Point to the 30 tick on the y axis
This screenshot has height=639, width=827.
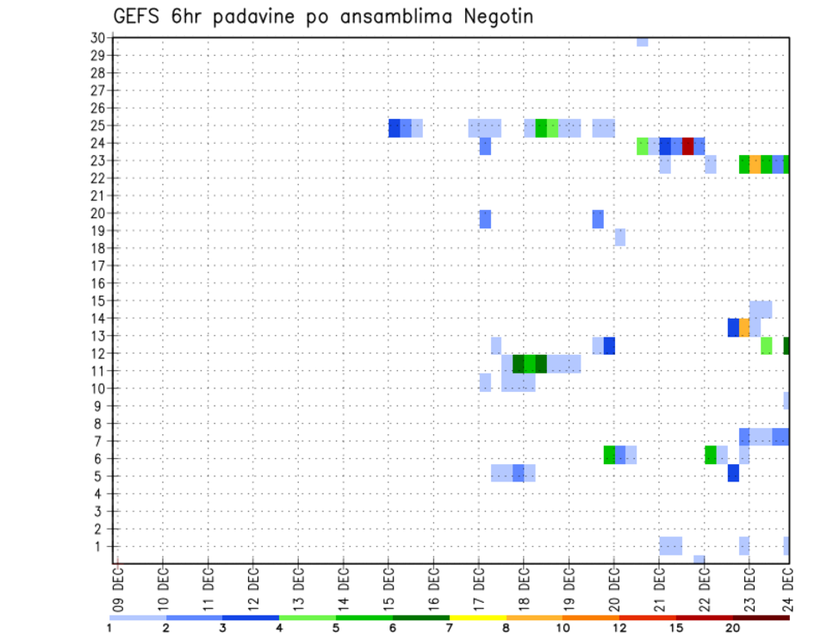(x=97, y=37)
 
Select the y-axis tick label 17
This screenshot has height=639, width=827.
(x=97, y=265)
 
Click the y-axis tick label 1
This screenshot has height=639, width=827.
(x=101, y=546)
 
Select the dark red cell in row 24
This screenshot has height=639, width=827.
(x=687, y=146)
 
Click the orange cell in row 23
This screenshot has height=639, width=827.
(x=755, y=164)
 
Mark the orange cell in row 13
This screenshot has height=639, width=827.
(x=744, y=327)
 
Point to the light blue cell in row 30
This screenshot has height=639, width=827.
(x=642, y=41)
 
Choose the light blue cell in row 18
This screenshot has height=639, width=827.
(x=619, y=237)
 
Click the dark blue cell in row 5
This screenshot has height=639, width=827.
(x=733, y=473)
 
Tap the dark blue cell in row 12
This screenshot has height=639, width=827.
(x=609, y=345)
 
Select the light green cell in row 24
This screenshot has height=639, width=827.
(x=643, y=146)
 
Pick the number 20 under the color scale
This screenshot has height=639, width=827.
(x=733, y=628)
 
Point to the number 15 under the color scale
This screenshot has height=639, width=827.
(x=677, y=628)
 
